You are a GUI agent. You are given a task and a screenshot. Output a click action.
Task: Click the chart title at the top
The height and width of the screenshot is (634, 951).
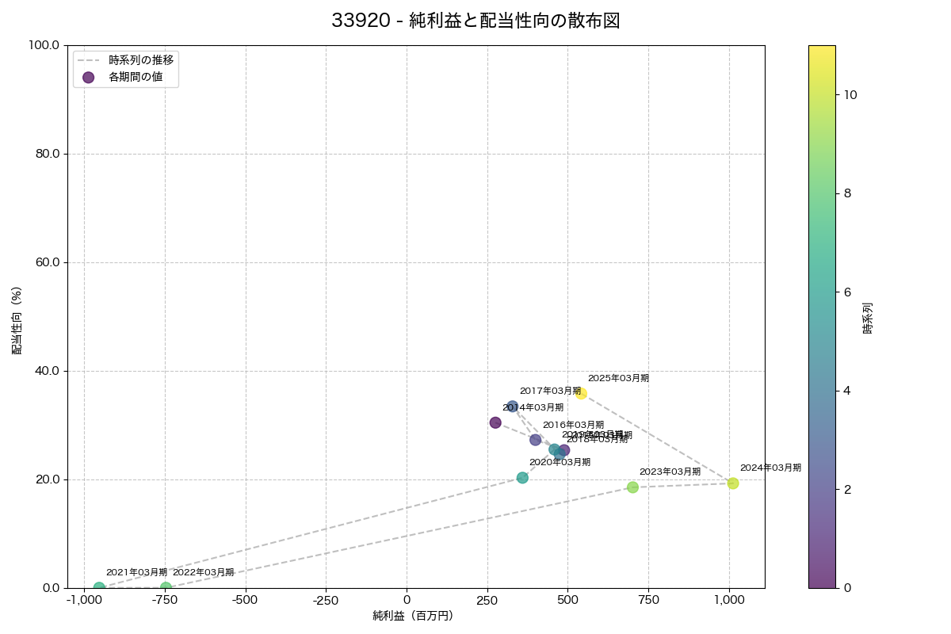[x=475, y=21]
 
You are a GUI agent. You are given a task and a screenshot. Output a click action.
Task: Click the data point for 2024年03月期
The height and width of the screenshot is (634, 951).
[x=732, y=483]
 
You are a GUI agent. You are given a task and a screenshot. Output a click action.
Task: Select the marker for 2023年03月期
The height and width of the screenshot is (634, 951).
[x=632, y=487]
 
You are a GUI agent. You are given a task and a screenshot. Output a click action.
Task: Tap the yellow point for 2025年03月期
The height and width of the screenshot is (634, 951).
[x=581, y=393]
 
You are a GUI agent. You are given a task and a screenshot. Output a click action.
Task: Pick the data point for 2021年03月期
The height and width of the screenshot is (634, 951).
[x=99, y=588]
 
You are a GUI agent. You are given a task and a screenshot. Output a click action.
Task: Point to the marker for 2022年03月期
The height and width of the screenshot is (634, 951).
[x=166, y=588]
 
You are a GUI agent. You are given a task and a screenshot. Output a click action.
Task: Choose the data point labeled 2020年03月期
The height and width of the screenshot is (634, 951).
[x=522, y=478]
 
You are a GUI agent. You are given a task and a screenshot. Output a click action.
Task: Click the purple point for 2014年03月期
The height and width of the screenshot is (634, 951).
[x=495, y=422]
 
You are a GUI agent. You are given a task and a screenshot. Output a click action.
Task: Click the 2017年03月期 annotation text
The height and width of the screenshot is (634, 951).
[x=550, y=391]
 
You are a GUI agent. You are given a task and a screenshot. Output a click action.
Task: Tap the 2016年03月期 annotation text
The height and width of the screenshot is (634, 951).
[x=573, y=425]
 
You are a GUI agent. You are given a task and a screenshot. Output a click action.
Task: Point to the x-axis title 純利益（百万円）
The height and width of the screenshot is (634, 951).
[x=413, y=616]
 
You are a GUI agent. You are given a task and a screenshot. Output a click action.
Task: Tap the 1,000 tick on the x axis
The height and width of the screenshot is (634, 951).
[x=729, y=600]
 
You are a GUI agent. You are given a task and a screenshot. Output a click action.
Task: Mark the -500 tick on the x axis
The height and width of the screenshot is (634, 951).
[x=246, y=600]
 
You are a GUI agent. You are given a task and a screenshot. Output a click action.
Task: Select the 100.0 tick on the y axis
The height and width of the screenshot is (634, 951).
[x=44, y=45]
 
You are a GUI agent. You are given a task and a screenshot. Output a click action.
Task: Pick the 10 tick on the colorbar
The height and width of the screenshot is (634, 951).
[x=851, y=94]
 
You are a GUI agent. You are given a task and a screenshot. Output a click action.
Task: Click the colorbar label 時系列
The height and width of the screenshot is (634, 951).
[x=868, y=317]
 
